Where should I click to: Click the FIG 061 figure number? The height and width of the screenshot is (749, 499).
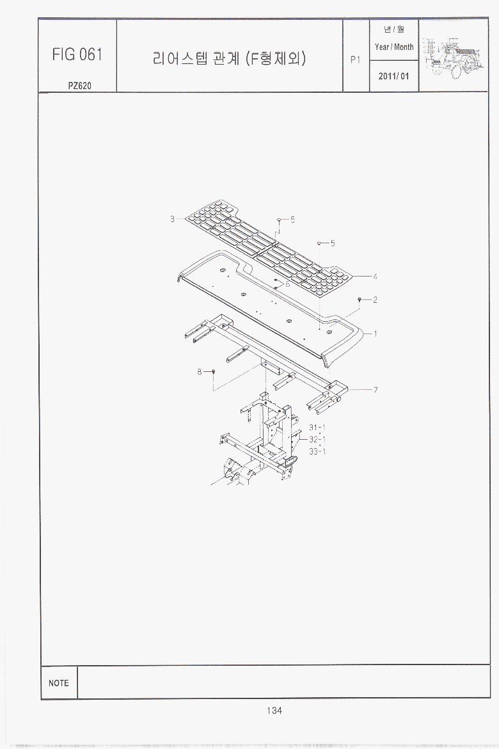pos(77,54)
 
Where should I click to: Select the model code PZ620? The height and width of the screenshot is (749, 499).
pos(79,86)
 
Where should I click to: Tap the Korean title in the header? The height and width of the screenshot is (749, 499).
pos(229,58)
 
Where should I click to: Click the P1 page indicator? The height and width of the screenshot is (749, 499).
pos(355,60)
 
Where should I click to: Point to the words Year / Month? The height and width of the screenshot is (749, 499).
pos(394,47)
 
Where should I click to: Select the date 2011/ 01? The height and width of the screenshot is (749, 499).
pos(394,76)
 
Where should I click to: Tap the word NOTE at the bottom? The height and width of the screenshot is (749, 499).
pos(59,683)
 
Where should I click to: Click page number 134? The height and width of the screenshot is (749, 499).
pos(274,711)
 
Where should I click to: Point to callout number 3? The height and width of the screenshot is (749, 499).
pos(172,219)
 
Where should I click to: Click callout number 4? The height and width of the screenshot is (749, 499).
pos(376,276)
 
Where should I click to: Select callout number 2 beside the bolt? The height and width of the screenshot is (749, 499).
pos(376,300)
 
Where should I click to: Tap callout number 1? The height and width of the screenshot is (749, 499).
pos(376,334)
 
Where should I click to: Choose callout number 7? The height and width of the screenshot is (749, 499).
pos(376,390)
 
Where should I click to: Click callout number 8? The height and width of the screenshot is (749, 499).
pos(200,372)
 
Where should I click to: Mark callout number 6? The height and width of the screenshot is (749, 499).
pos(287,284)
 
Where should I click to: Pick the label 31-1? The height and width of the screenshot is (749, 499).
pos(317,428)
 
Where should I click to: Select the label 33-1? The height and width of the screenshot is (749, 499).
pos(317,451)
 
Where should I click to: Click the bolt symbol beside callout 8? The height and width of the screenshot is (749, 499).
pos(214,372)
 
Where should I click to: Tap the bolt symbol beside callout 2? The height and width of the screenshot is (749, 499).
pos(360,300)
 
